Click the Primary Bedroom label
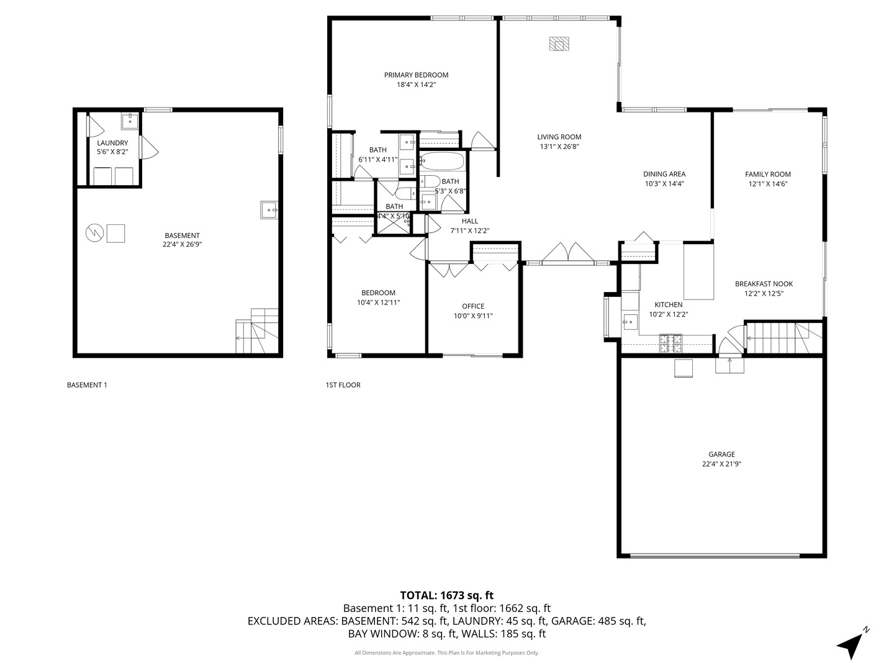click(416, 75)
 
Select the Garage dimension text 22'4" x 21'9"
click(721, 463)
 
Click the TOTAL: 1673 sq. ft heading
click(446, 595)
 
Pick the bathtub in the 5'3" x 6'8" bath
click(442, 162)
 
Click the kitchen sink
click(630, 321)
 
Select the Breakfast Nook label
click(764, 284)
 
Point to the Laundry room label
click(112, 143)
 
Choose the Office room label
click(473, 306)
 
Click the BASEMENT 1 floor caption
click(87, 385)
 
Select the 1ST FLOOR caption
click(343, 385)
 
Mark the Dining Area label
click(664, 175)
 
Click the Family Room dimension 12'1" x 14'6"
click(767, 184)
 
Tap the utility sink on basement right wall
click(269, 210)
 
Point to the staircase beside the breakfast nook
click(783, 337)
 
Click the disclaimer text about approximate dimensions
click(446, 653)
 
